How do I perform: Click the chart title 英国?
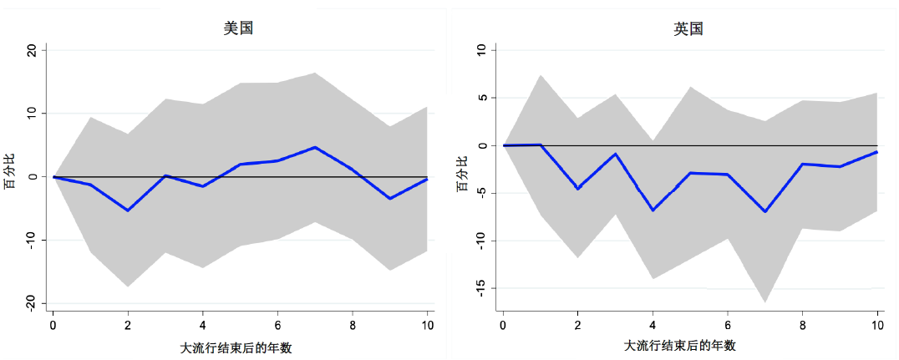click(688, 28)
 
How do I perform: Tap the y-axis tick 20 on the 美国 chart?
click(32, 50)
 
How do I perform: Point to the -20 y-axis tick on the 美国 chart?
click(30, 303)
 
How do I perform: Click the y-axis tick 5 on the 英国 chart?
click(483, 98)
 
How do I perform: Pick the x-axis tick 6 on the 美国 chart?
click(277, 325)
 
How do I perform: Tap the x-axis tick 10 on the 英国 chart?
click(877, 325)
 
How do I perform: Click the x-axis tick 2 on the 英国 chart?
click(577, 325)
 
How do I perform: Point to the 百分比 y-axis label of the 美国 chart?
click(10, 177)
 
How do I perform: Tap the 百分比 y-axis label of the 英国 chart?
click(461, 177)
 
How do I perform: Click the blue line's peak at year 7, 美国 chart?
click(315, 147)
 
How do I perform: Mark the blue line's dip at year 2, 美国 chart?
click(128, 210)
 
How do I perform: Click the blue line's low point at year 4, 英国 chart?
click(652, 210)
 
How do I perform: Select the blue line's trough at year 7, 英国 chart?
click(764, 211)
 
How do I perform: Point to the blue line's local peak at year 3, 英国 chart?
click(615, 154)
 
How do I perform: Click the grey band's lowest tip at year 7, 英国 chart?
click(764, 302)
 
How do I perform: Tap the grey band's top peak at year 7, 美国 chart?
click(315, 73)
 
